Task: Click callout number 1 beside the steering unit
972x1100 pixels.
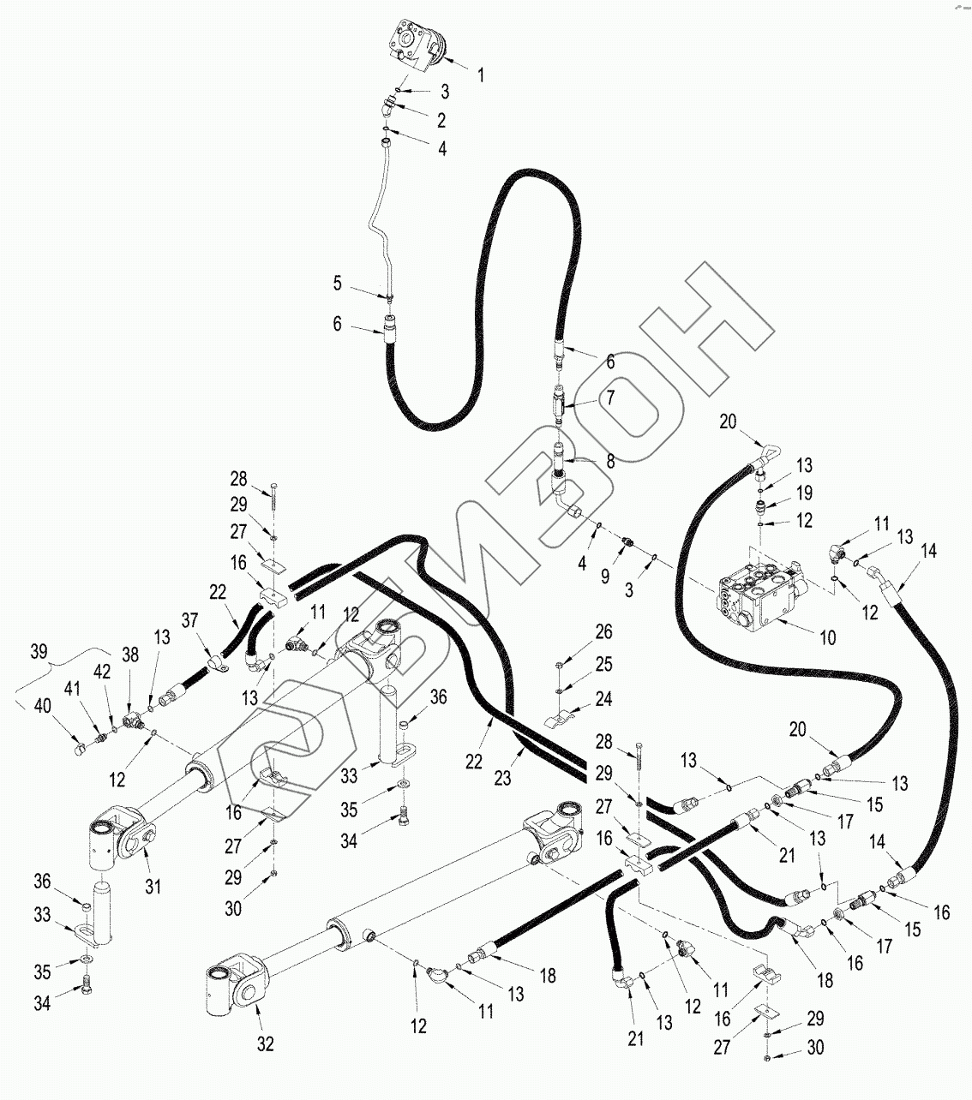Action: pyautogui.click(x=481, y=75)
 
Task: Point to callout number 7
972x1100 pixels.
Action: pyautogui.click(x=610, y=398)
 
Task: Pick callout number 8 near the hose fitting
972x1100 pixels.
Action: pyautogui.click(x=610, y=461)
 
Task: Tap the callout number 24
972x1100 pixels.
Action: pyautogui.click(x=604, y=700)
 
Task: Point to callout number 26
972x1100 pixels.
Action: pyautogui.click(x=604, y=632)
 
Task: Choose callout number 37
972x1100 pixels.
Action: pyautogui.click(x=189, y=619)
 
